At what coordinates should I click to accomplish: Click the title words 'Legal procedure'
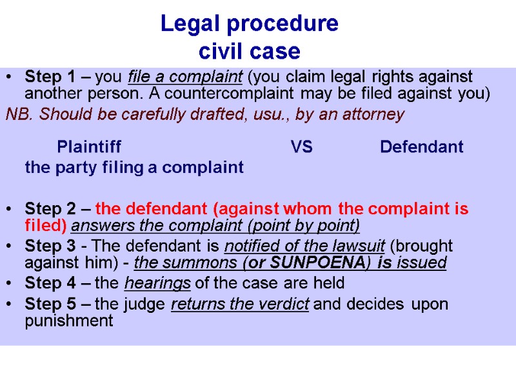[249, 24]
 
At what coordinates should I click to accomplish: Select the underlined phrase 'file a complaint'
[185, 77]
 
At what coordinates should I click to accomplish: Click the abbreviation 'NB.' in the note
[17, 115]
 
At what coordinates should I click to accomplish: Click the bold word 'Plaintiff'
[88, 147]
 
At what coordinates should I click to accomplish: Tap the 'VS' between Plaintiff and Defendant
[301, 147]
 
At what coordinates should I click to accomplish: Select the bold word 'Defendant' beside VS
[421, 147]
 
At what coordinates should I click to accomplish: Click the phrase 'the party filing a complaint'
[134, 168]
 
